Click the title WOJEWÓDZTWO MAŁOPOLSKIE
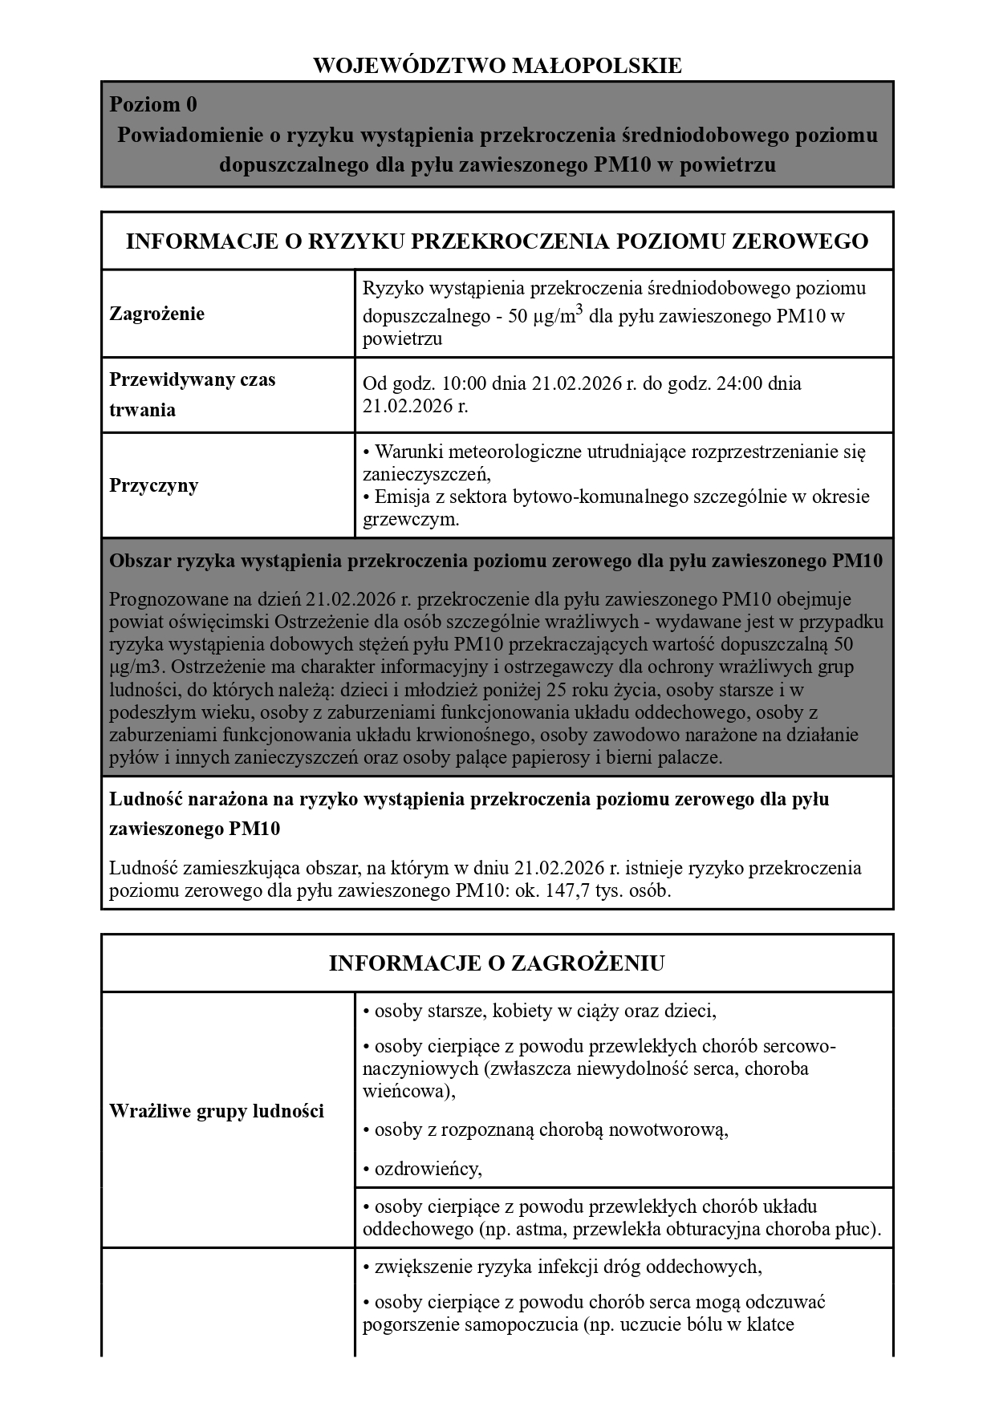point(497,66)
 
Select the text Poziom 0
point(153,105)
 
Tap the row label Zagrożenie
point(156,314)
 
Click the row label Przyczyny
point(153,485)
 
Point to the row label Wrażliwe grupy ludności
point(217,1111)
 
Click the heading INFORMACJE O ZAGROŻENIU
point(497,963)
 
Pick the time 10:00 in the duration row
point(442,383)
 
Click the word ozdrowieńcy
point(427,1168)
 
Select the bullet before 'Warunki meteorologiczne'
point(367,452)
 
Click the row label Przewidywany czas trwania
point(192,395)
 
